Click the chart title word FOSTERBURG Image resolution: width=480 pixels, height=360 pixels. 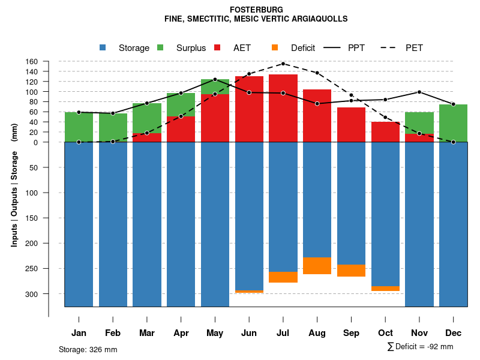tap(256, 10)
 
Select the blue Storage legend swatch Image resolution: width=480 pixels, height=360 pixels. tap(103, 47)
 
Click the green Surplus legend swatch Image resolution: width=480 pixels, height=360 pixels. tap(161, 47)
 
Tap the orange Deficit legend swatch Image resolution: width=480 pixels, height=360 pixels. tap(275, 47)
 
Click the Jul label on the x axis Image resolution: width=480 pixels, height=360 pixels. tap(283, 333)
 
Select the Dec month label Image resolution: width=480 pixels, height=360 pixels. tap(454, 333)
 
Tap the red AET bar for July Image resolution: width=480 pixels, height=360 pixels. tap(283, 108)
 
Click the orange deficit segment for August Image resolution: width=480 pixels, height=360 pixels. tap(317, 266)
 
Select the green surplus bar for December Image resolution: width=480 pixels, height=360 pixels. tap(454, 123)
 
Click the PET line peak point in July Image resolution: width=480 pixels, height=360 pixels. tap(283, 64)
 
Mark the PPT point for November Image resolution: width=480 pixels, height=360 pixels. tap(419, 92)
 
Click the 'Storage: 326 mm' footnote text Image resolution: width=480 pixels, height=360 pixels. tap(88, 349)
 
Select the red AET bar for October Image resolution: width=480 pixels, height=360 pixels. tap(385, 132)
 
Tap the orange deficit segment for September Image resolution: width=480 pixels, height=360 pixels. tap(351, 271)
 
